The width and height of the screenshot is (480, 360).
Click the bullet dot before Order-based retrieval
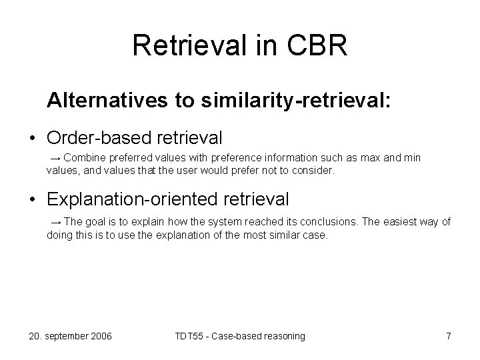(x=32, y=139)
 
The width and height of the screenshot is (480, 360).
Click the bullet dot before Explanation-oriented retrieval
(x=32, y=199)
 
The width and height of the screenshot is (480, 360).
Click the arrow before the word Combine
(x=56, y=158)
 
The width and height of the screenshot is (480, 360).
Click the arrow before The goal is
(x=56, y=222)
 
